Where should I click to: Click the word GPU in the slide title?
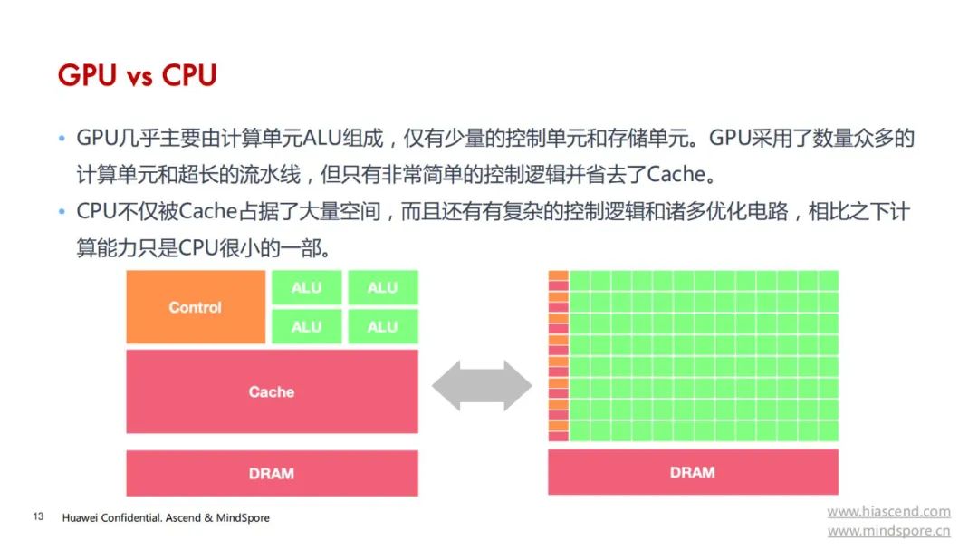[x=87, y=75]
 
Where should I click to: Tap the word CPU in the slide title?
[x=189, y=75]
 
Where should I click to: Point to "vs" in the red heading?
[x=139, y=77]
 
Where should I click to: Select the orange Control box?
[x=196, y=307]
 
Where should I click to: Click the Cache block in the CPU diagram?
[x=272, y=391]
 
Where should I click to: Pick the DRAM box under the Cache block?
[x=272, y=473]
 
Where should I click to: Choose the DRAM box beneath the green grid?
[x=693, y=472]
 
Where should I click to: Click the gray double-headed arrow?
[x=482, y=386]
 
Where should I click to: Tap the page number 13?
[x=39, y=516]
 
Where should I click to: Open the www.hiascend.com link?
[x=889, y=511]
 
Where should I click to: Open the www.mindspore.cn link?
[x=889, y=531]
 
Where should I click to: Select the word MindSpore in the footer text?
[x=243, y=517]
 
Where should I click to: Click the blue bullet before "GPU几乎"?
[x=62, y=138]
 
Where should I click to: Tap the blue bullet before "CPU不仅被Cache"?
[x=62, y=212]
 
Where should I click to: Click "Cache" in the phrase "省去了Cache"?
[x=676, y=174]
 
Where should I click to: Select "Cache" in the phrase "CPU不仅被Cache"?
[x=208, y=212]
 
